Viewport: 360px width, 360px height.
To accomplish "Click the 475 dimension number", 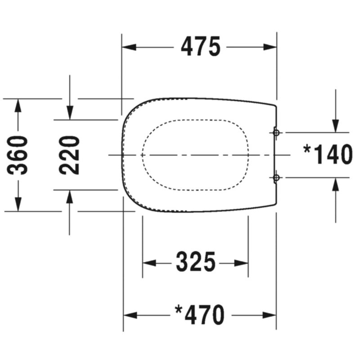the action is [201, 46].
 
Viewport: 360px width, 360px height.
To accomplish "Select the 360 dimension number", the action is [17, 155].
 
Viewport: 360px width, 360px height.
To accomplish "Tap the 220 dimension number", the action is [69, 155].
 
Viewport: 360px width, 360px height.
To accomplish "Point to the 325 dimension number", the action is [196, 262].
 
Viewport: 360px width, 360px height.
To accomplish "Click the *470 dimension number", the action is [199, 315].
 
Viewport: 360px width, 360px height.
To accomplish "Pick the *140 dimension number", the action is [328, 154].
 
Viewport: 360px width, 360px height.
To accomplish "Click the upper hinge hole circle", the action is [276, 132].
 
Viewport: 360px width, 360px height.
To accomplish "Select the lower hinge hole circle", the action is [276, 177].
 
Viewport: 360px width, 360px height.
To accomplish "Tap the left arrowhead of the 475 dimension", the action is [129, 47].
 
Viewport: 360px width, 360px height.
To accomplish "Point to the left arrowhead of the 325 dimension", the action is [149, 263].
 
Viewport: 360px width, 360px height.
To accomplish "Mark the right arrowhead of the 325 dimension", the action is [241, 263].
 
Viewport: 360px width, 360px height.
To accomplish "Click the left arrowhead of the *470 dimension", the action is [130, 315].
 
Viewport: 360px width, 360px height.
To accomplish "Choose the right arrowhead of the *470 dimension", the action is [269, 315].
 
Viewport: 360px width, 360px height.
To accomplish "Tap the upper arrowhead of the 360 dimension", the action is [18, 106].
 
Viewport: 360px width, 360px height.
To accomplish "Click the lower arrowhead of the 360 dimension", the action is [18, 204].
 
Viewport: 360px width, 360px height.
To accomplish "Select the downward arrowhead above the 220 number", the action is [70, 113].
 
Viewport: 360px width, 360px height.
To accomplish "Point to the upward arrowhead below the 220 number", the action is [70, 197].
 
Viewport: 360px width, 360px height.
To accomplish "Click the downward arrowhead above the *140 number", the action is [336, 126].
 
